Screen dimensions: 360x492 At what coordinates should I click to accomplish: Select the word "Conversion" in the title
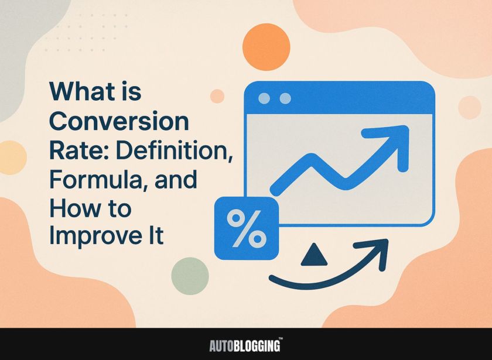tap(119, 122)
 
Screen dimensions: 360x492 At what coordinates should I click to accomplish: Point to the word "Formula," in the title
tap(96, 180)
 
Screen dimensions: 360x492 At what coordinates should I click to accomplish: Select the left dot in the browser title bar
tap(264, 98)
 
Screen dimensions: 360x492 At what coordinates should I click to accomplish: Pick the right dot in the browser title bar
tap(285, 98)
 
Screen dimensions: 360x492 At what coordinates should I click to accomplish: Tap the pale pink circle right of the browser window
tap(470, 107)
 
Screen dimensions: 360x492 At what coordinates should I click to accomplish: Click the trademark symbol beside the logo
tap(281, 339)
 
